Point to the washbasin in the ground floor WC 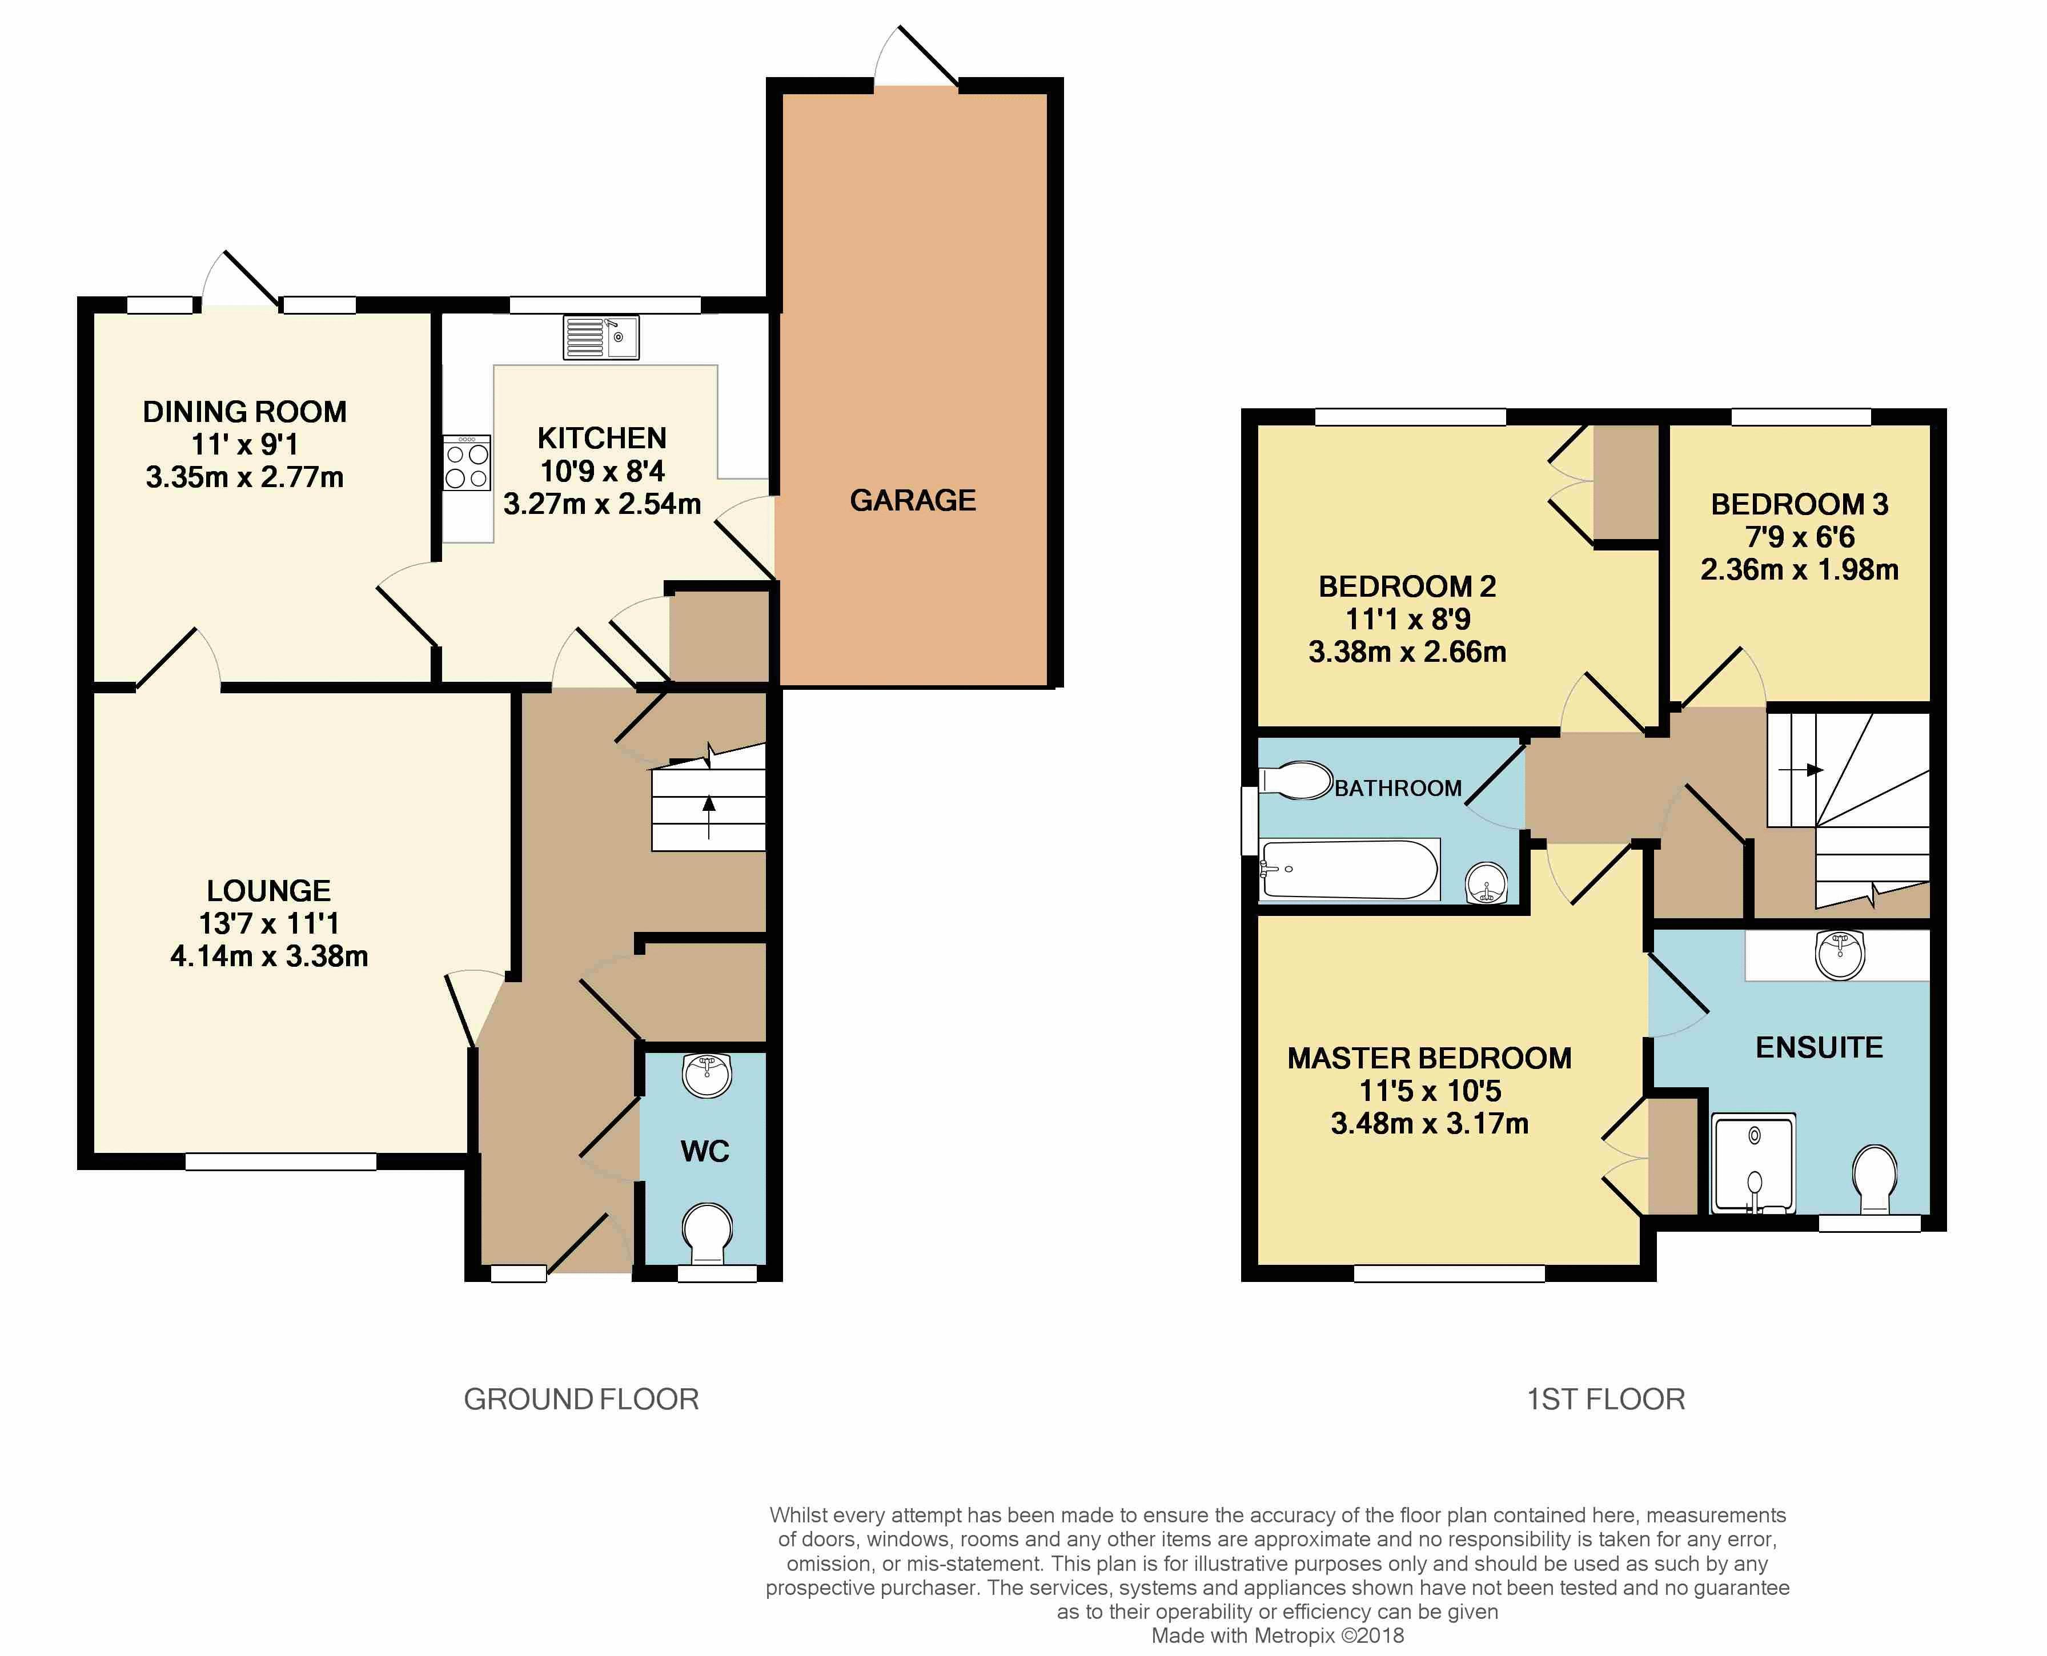[707, 1075]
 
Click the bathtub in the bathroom [1348, 869]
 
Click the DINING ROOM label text [244, 412]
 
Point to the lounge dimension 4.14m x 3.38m [269, 956]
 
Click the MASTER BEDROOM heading [1429, 1058]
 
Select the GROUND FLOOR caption [581, 1400]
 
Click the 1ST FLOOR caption [1606, 1400]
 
